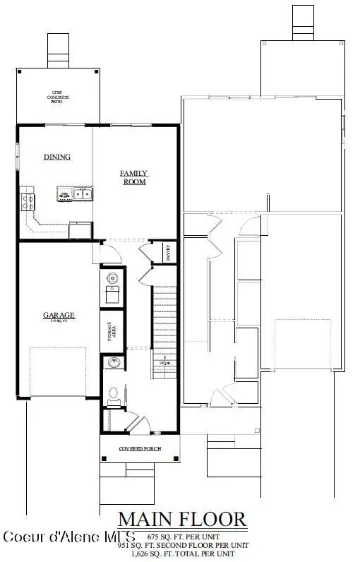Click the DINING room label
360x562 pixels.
click(57, 157)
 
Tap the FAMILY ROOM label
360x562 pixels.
click(133, 177)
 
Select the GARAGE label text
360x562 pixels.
click(59, 316)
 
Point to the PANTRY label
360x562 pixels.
click(169, 253)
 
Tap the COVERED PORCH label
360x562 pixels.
click(138, 449)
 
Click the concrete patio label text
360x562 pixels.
click(55, 98)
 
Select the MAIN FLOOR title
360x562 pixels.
click(182, 520)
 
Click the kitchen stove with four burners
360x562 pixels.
click(28, 201)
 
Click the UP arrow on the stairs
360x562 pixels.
click(167, 363)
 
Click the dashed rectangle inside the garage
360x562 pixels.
click(58, 373)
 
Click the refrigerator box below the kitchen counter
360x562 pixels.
click(80, 230)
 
